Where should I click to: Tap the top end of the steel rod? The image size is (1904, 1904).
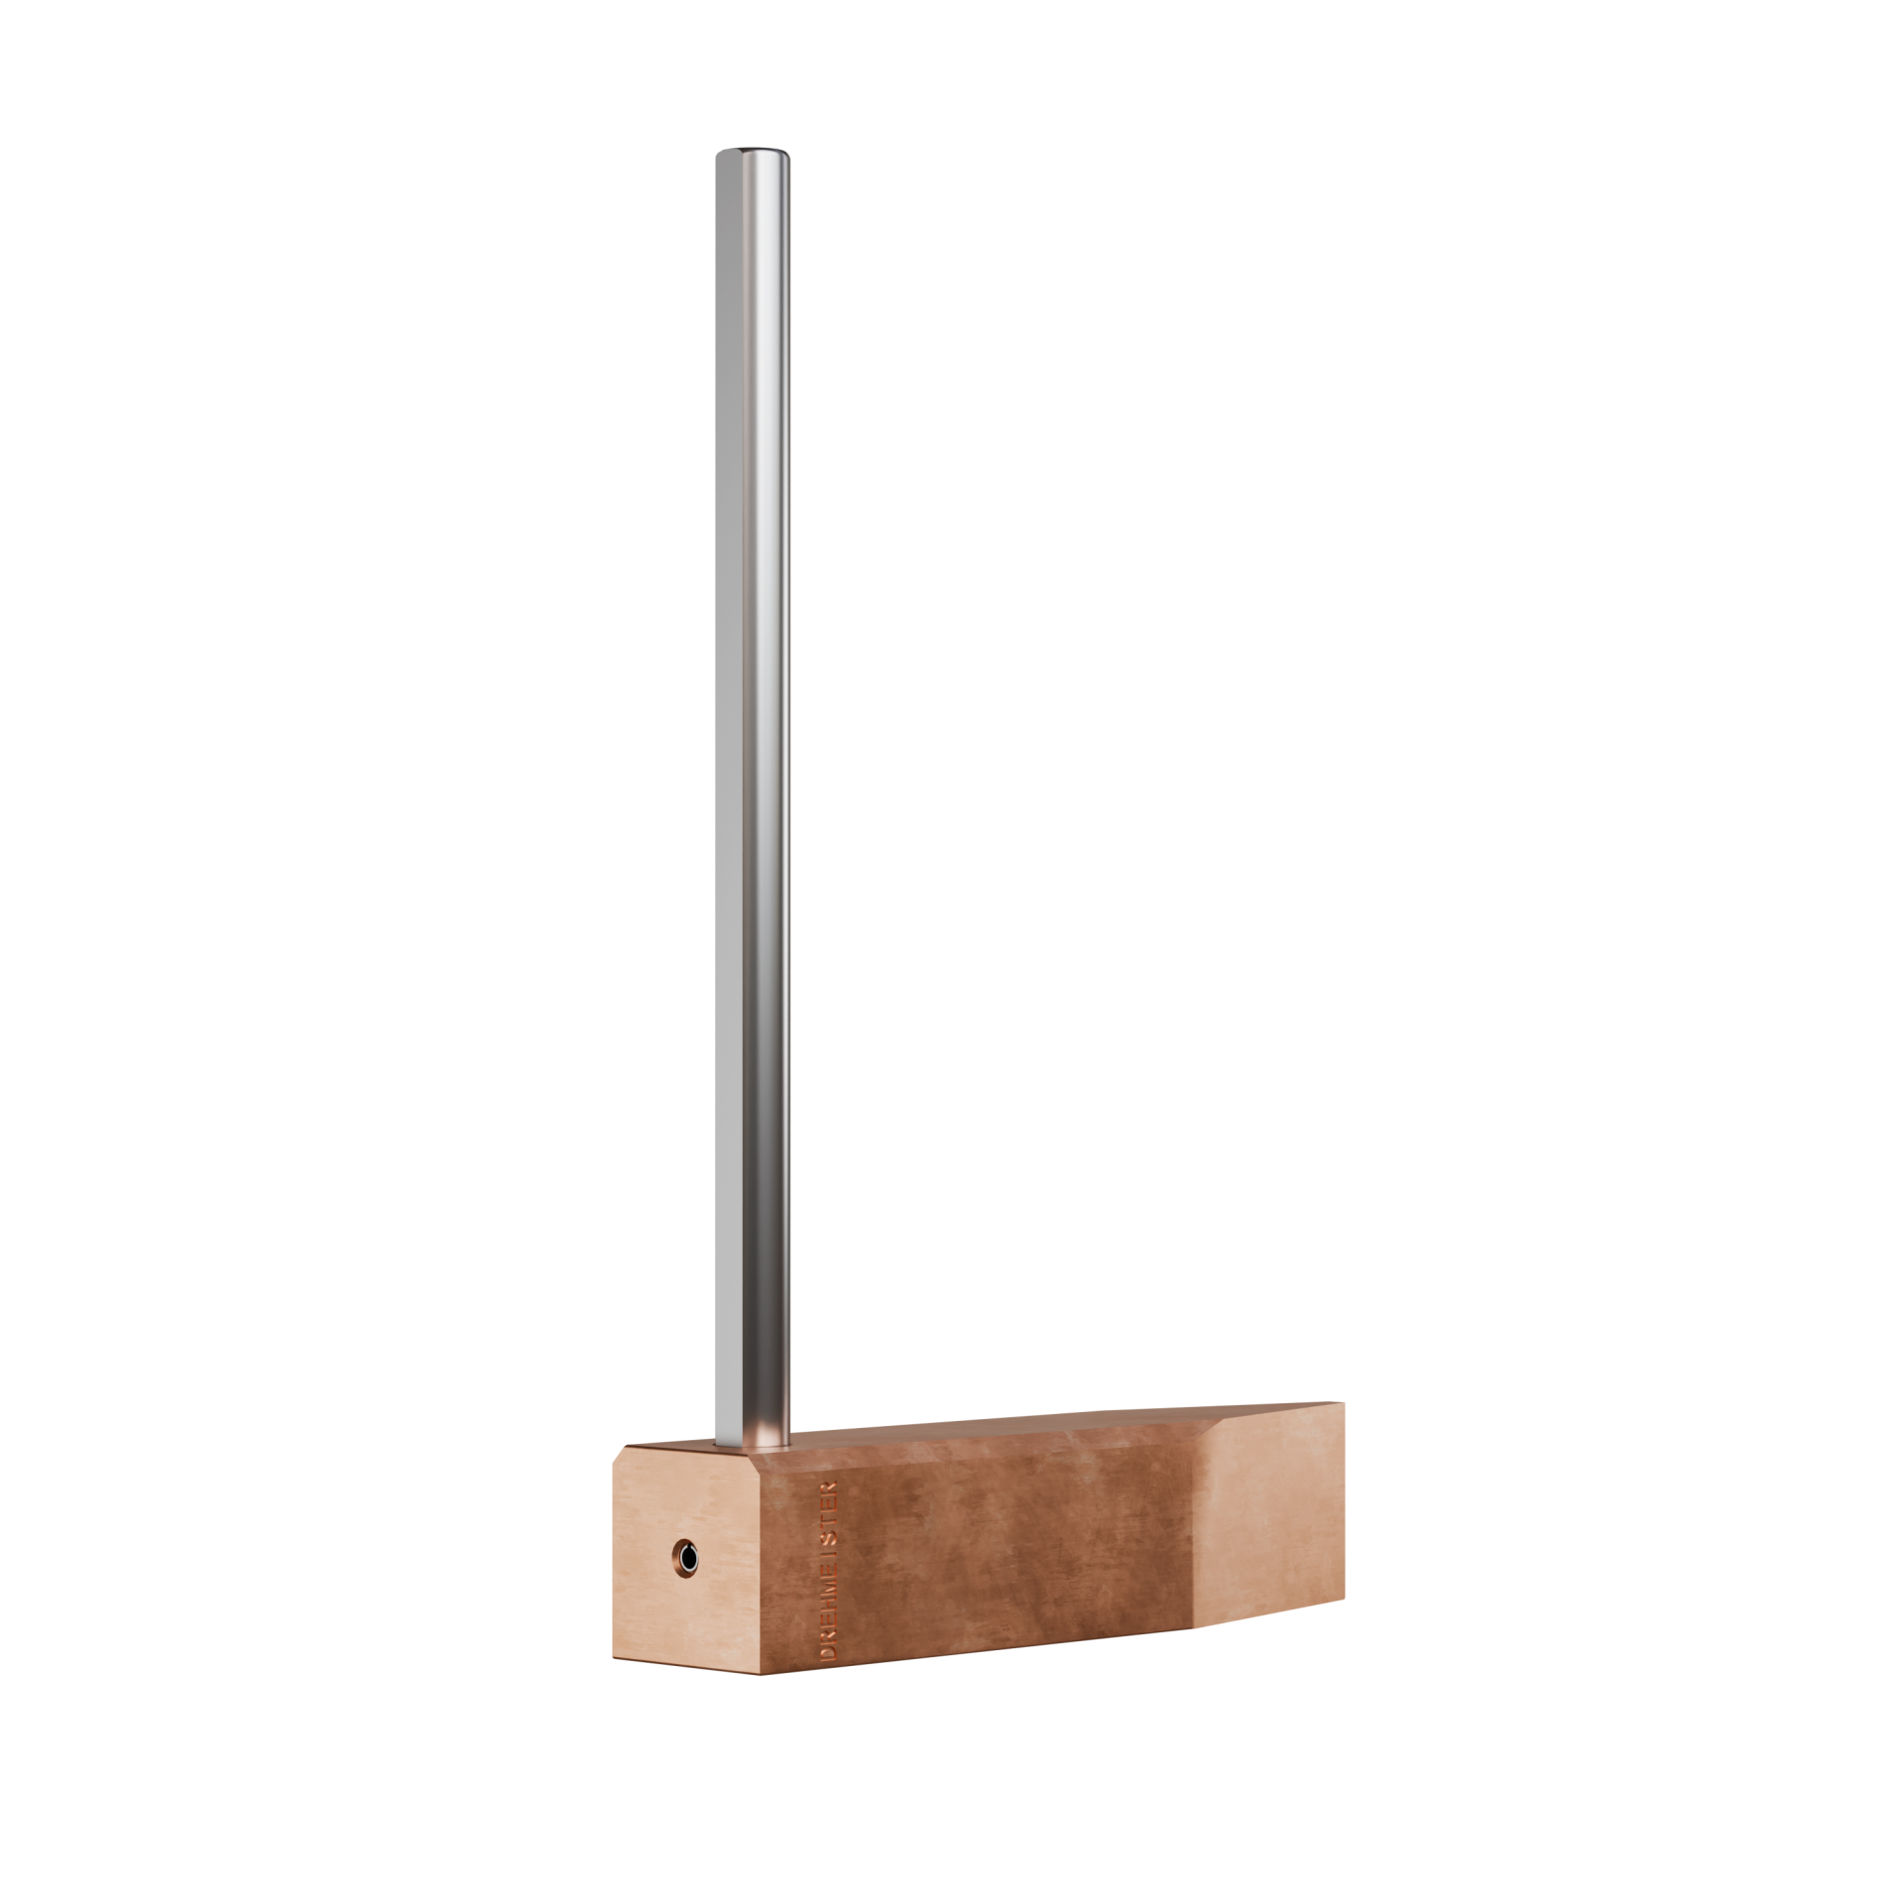(x=752, y=153)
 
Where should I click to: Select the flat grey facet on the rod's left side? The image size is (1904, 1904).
(x=722, y=793)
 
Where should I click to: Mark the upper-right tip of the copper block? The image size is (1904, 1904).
(x=1344, y=1404)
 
